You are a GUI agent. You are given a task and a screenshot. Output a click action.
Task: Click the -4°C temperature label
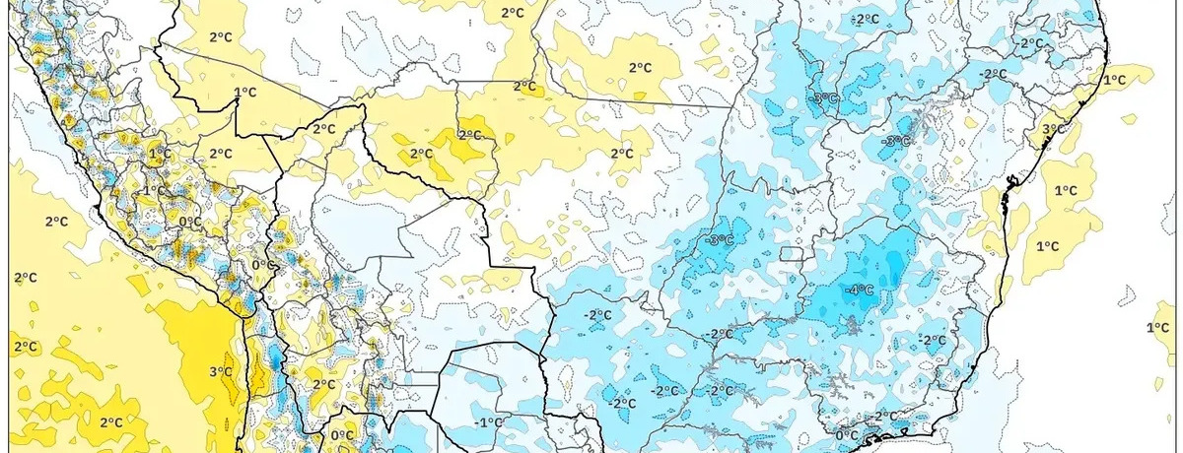[x=861, y=290]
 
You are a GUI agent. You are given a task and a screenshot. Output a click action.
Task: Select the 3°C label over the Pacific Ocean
[x=221, y=371]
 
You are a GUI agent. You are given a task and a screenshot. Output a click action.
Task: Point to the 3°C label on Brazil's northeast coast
[x=1053, y=129]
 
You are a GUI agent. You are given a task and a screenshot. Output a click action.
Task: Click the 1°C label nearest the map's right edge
[x=1159, y=328]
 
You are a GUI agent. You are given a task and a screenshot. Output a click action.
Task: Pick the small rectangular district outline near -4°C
[x=792, y=254]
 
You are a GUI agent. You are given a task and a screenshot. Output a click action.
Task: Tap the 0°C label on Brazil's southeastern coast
[x=847, y=435]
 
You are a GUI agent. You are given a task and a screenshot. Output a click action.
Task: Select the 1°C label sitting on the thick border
[x=244, y=94]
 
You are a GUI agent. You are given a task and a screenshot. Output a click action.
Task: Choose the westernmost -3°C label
[x=720, y=241]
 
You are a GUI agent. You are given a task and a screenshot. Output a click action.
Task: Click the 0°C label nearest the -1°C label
[x=342, y=435]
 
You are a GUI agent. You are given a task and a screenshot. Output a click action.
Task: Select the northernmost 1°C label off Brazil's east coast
[x=1114, y=80]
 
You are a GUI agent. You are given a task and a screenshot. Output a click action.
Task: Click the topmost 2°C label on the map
[x=512, y=13]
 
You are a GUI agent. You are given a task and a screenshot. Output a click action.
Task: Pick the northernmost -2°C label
[x=866, y=20]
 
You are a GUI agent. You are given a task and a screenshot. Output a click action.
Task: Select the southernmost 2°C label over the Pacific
[x=111, y=422]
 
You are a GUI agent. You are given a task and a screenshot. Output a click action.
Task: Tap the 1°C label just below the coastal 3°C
[x=1065, y=190]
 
